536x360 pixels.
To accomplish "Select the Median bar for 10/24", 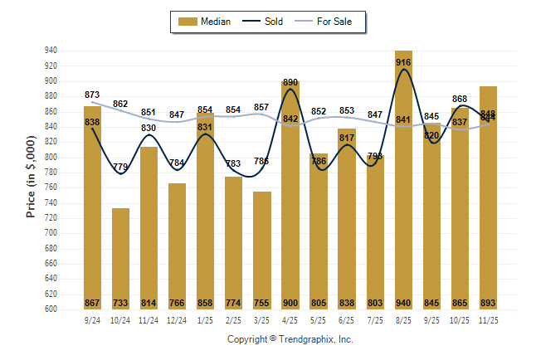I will click(x=120, y=257).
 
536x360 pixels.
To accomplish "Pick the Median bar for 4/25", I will click(x=290, y=199).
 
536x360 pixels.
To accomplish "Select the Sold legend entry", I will click(x=265, y=22).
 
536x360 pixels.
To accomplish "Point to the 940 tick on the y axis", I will click(x=51, y=51).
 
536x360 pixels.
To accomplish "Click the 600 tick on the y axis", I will click(x=51, y=309).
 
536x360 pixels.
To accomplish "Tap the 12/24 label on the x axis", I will click(x=177, y=319).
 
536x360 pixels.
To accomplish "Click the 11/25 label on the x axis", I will click(x=488, y=319).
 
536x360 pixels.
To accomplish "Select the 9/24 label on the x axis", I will click(x=92, y=319).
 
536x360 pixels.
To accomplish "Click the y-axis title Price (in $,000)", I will click(x=31, y=179).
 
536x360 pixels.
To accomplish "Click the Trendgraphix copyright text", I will click(x=290, y=339).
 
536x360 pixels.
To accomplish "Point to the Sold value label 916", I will click(x=403, y=62).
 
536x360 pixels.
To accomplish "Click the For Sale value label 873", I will click(x=92, y=95).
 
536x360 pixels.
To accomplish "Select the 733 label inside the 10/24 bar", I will click(x=120, y=303).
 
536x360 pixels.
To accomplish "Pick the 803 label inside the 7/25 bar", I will click(x=375, y=303).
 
